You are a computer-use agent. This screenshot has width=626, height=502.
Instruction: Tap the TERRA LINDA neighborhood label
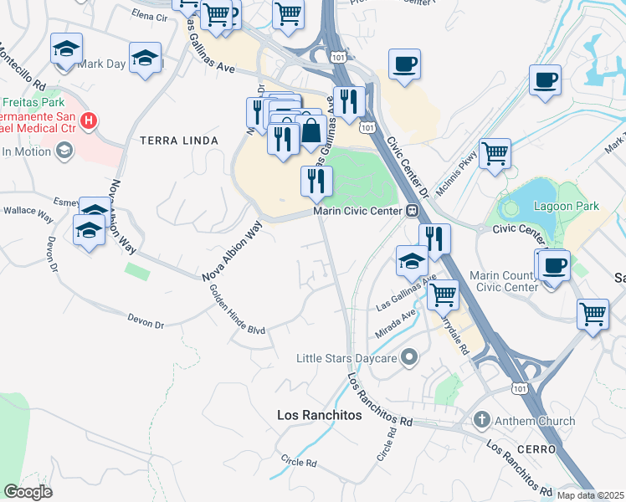[178, 141]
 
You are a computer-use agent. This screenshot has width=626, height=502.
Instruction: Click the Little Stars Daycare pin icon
[409, 358]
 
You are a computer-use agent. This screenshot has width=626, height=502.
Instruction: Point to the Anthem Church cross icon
[481, 420]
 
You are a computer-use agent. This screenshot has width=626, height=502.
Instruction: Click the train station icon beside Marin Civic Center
[412, 211]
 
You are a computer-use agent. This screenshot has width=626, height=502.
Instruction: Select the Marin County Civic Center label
[506, 281]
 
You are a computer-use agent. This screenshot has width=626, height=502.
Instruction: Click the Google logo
[28, 492]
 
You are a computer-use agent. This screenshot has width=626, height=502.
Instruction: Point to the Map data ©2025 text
[591, 495]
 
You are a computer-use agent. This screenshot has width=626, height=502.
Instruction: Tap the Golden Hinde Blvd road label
[237, 310]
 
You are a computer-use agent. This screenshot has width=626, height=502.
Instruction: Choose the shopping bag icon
[311, 131]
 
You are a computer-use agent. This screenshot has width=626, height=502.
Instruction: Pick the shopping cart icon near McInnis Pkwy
[495, 154]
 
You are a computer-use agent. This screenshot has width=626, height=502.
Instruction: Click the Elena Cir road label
[151, 14]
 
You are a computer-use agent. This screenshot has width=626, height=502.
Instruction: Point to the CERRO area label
[536, 449]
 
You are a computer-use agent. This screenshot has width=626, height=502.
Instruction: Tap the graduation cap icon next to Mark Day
[146, 59]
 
